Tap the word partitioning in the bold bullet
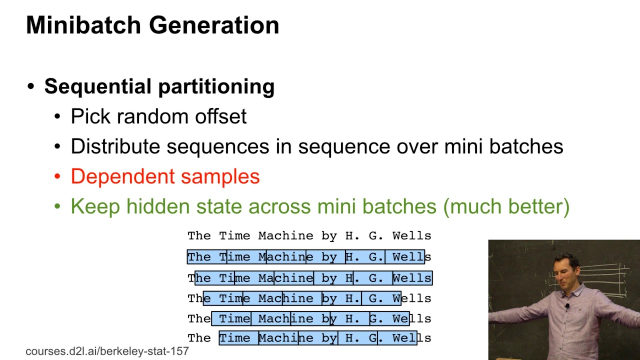point(215,87)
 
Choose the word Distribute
point(115,146)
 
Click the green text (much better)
point(506,206)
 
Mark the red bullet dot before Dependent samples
point(57,176)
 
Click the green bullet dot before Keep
point(57,206)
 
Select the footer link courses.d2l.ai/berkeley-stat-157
point(107,351)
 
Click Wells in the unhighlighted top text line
point(411,235)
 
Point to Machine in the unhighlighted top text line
point(285,235)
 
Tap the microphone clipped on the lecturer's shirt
point(567,305)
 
